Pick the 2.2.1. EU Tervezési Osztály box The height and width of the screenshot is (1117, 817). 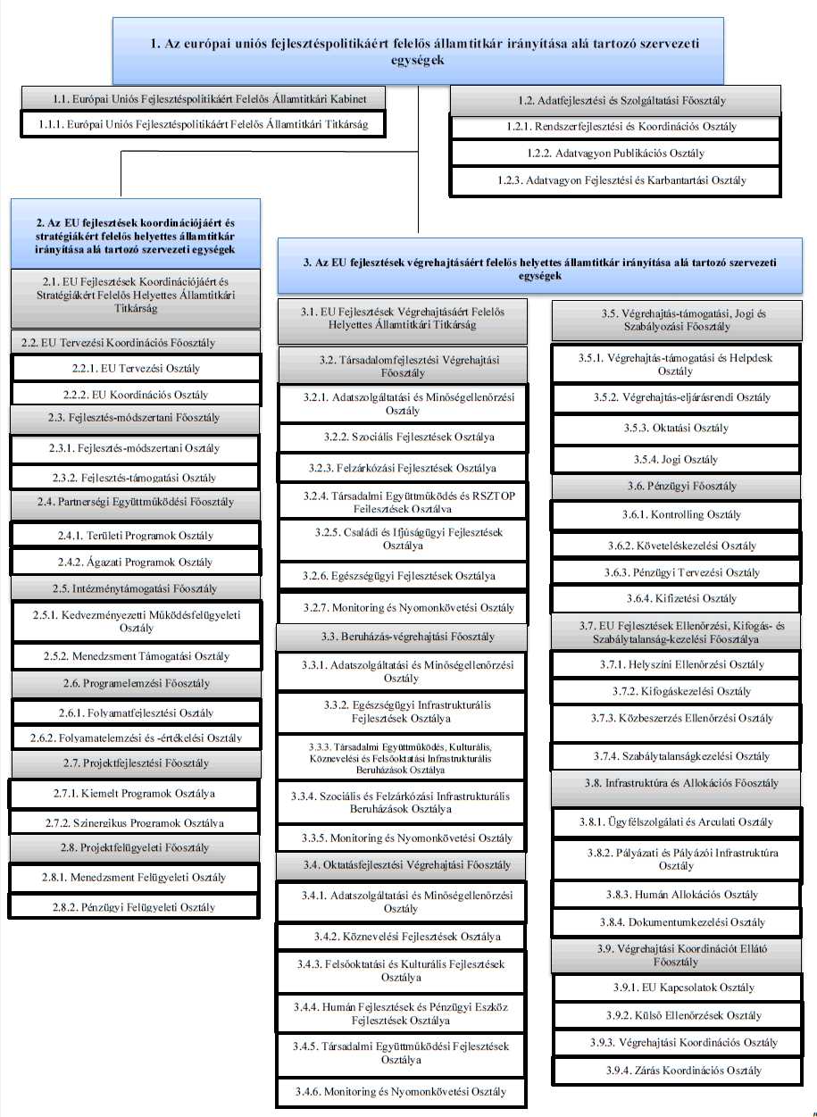136,368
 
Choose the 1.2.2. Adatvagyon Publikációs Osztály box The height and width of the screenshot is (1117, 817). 616,154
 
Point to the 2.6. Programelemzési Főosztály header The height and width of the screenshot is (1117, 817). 136,683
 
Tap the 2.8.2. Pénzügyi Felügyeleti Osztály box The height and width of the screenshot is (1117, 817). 136,907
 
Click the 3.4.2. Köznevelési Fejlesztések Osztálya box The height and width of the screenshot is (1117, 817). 399,937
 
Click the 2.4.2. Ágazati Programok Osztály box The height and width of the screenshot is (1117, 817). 136,563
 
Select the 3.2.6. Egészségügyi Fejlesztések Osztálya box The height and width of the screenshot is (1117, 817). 399,576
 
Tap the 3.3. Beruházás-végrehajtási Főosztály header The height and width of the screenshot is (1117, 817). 399,638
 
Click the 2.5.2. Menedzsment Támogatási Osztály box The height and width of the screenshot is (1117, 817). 136,656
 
